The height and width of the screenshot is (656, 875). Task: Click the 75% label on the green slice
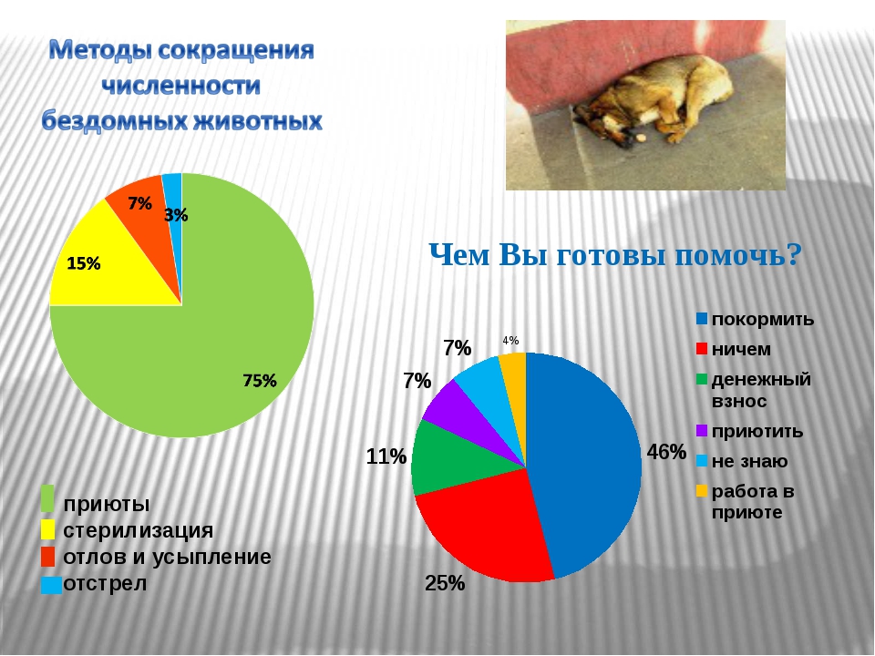(260, 381)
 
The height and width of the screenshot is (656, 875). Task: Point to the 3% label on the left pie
(176, 215)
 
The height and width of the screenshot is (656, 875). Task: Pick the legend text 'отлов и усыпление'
(167, 557)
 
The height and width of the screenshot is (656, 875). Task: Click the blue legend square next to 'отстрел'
(51, 585)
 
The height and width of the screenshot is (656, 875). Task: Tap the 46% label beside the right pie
(666, 452)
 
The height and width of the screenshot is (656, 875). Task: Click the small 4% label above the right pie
(510, 340)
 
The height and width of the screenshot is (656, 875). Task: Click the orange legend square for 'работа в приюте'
(702, 491)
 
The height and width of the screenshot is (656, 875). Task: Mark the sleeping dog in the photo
(653, 100)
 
